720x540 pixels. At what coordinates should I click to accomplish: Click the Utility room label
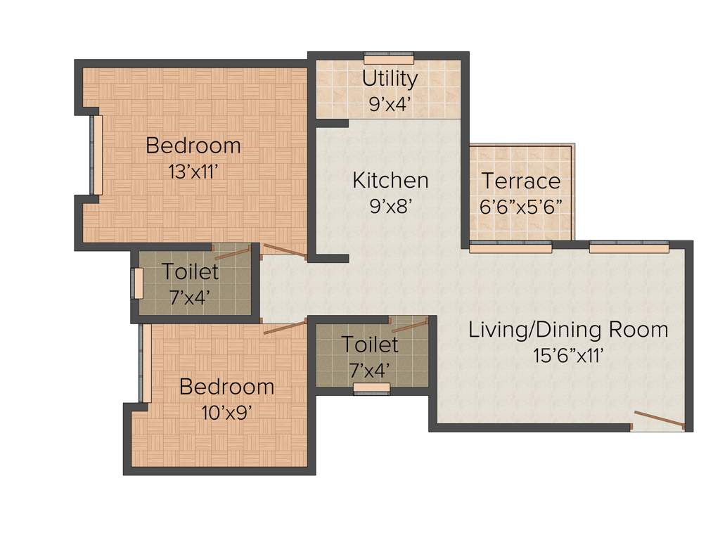tap(390, 79)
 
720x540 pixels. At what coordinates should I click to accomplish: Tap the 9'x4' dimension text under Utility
tap(390, 104)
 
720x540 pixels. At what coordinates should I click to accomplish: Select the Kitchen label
tap(390, 181)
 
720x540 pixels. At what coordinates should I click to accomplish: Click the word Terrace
tap(521, 181)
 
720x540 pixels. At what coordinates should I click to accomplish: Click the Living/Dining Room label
tap(568, 330)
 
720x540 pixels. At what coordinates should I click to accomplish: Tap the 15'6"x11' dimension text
tap(568, 355)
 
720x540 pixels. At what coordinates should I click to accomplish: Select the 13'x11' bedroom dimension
tap(193, 171)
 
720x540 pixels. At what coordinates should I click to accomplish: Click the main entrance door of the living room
tap(658, 420)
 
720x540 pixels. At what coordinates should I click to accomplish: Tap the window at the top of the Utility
tap(389, 59)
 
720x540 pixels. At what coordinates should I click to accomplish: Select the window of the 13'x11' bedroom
tap(96, 155)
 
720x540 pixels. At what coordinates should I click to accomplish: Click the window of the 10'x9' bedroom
tap(146, 363)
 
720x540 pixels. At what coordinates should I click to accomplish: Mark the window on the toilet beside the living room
tap(371, 388)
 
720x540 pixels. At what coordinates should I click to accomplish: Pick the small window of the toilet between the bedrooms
tap(138, 283)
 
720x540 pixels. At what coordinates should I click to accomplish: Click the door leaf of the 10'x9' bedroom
tap(285, 327)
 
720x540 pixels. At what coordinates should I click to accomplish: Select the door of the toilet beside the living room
tap(410, 324)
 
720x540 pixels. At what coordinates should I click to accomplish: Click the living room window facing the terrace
tap(510, 247)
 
